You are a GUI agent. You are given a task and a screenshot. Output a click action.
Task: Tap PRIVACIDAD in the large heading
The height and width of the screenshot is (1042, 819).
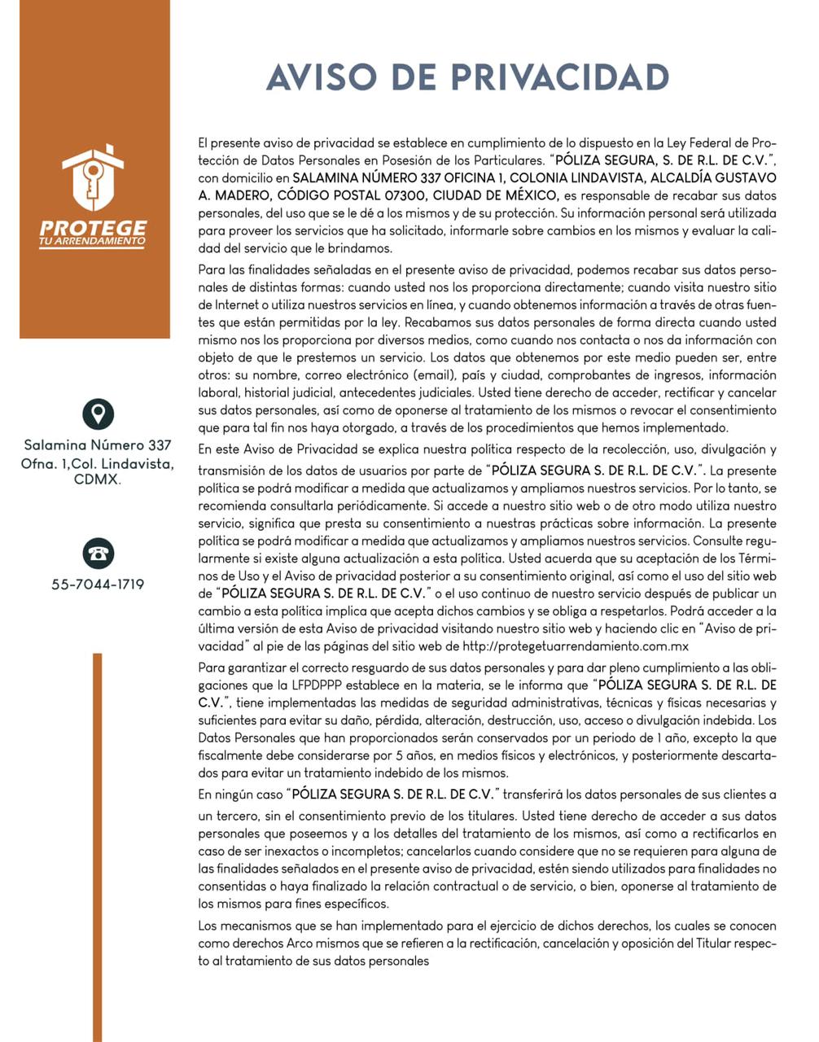coord(560,77)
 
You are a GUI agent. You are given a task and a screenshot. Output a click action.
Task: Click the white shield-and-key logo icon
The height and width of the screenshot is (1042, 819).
coord(93,178)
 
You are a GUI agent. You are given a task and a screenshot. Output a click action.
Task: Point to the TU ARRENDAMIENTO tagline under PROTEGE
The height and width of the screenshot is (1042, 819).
coord(93,242)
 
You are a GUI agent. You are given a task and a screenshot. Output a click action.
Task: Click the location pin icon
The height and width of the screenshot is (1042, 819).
coord(98,414)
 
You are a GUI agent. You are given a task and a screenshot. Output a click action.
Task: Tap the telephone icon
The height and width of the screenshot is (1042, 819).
coord(98,554)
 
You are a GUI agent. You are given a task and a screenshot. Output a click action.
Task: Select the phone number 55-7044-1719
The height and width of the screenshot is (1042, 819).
coord(98,584)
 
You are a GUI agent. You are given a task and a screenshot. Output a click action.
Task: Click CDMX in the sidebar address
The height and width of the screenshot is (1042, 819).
coord(97,480)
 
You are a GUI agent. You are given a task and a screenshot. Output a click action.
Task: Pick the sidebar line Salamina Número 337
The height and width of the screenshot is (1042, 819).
coord(98,445)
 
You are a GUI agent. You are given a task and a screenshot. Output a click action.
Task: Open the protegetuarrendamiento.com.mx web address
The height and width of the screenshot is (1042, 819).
coord(576,646)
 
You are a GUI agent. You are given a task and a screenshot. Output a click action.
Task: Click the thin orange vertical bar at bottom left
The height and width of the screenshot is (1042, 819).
coord(98,847)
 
